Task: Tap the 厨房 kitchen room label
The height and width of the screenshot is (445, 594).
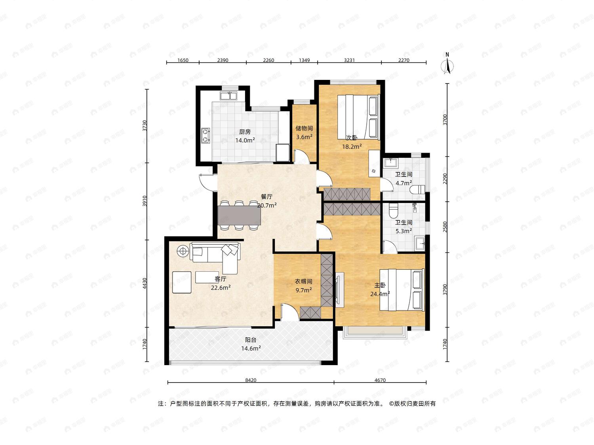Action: point(245,132)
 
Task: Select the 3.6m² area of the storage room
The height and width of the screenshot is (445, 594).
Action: point(304,137)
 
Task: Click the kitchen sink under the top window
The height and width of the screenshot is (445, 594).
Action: point(228,96)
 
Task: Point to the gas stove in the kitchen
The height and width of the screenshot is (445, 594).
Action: point(206,135)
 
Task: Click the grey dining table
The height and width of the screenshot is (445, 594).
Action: point(239,215)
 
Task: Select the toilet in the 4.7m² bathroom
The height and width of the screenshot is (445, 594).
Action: point(417,189)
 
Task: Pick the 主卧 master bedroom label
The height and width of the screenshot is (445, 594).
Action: point(380,285)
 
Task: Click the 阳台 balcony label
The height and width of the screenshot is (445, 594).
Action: point(251,340)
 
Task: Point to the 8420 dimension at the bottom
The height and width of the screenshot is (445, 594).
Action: point(251,380)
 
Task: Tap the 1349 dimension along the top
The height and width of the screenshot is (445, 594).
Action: point(304,60)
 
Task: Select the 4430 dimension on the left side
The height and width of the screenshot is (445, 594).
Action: point(145,283)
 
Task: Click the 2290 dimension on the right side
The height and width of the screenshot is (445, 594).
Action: point(445,179)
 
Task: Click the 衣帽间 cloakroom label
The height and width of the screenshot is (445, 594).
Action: point(303,282)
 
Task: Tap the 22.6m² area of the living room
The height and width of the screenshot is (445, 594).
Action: point(221,288)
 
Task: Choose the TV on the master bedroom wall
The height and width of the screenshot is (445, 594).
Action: point(338,290)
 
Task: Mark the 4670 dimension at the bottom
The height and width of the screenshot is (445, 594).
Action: point(380,380)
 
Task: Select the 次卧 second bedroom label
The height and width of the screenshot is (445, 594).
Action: point(352,138)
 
